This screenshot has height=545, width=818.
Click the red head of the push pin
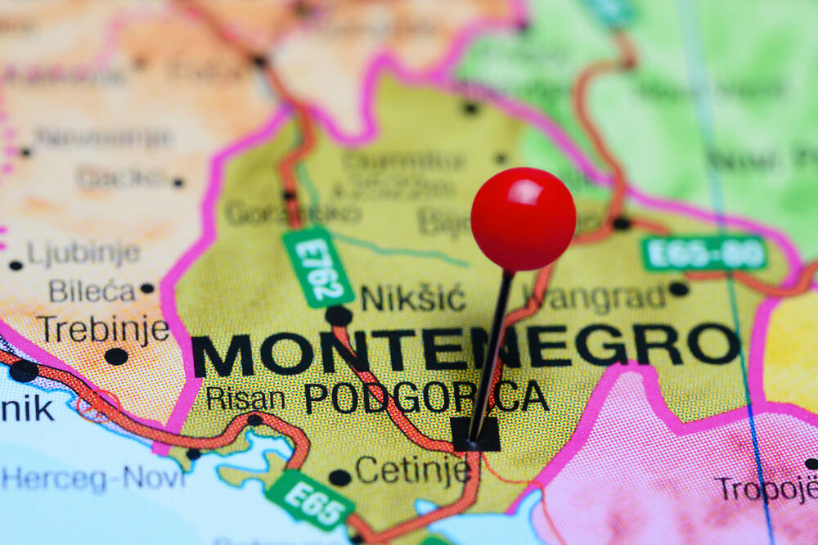tap(523, 218)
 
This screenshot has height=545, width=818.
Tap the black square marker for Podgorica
tap(476, 435)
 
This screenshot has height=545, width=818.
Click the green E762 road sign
tap(318, 267)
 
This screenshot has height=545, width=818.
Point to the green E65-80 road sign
tap(704, 253)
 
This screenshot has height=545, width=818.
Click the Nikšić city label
tap(412, 298)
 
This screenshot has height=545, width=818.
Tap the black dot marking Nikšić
tap(338, 315)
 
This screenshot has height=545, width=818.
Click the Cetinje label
tap(412, 471)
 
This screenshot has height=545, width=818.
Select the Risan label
tap(245, 399)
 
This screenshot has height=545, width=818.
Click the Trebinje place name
tap(103, 330)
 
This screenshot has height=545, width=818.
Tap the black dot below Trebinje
tap(116, 357)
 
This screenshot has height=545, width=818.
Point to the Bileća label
tap(91, 291)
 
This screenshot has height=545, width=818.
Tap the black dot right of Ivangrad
tap(678, 289)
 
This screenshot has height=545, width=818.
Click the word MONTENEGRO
tap(466, 351)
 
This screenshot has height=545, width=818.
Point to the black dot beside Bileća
tap(147, 288)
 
